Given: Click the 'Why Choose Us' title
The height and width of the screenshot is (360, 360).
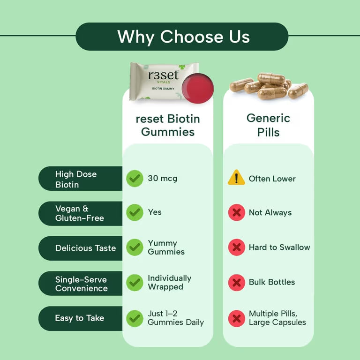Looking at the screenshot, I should point(183,37).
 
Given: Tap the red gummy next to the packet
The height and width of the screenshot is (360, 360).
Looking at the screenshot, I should point(197,87).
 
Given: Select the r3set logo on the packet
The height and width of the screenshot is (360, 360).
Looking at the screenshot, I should point(163,75).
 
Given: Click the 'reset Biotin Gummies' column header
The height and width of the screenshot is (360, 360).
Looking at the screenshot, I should point(168,125).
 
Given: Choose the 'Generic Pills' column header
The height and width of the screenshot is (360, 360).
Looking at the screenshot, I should point(268,125).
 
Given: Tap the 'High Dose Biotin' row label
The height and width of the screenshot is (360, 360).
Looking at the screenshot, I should point(76,179).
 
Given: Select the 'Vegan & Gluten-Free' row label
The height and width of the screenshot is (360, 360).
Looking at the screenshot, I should point(79,213).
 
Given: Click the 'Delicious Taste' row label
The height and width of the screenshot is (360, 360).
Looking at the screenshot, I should point(85,248).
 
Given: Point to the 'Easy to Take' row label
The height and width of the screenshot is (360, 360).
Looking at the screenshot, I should point(79,318).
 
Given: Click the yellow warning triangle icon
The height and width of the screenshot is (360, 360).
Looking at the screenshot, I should point(236,178).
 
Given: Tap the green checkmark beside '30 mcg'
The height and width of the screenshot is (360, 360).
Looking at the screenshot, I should point(135,178).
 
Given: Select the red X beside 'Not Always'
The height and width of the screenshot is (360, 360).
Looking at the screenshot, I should point(236,213).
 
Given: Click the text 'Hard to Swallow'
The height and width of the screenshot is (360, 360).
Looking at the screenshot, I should point(279,247).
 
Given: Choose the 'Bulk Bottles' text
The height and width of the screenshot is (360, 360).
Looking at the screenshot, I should point(272,282).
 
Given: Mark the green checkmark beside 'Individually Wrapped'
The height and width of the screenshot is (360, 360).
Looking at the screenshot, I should point(135,282).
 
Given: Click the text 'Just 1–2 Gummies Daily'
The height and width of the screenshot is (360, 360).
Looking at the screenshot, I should point(176,318).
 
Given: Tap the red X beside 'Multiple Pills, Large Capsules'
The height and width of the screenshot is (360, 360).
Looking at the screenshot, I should point(236,318).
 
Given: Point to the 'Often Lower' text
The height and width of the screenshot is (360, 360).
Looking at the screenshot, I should point(272,179).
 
